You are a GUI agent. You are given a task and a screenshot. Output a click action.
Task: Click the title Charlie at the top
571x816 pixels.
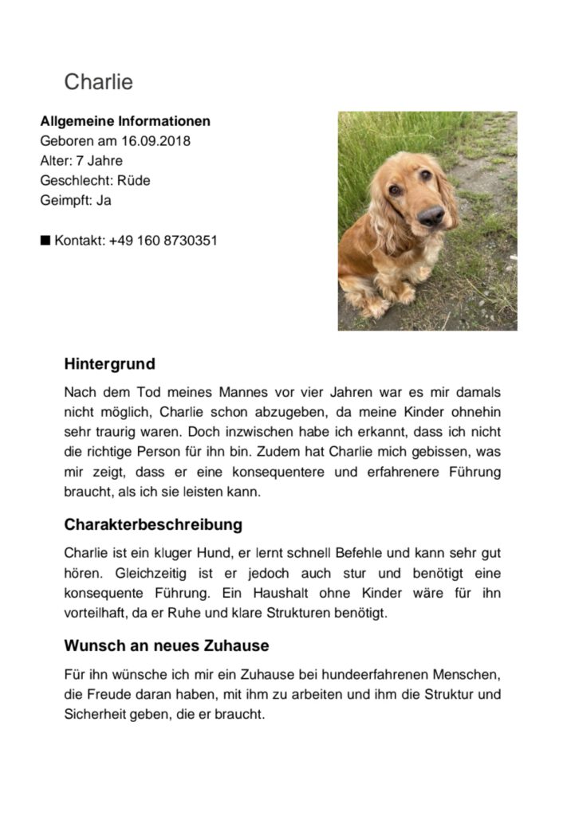coord(98,82)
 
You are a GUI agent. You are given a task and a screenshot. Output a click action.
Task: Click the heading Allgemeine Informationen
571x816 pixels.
coord(125,122)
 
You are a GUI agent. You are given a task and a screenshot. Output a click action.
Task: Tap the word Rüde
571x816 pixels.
coord(133,181)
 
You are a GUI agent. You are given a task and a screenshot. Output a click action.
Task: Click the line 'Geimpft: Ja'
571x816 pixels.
coord(75,200)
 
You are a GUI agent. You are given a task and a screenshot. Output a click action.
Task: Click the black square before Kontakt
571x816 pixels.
coord(45,240)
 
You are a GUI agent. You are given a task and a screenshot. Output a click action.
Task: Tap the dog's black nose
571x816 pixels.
coord(431,214)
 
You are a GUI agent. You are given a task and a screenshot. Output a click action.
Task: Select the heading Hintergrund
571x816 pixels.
coord(109,364)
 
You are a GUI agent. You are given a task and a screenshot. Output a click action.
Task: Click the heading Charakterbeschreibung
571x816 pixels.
coord(153,525)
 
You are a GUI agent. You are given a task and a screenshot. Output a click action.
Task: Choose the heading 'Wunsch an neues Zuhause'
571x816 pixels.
coord(166,645)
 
